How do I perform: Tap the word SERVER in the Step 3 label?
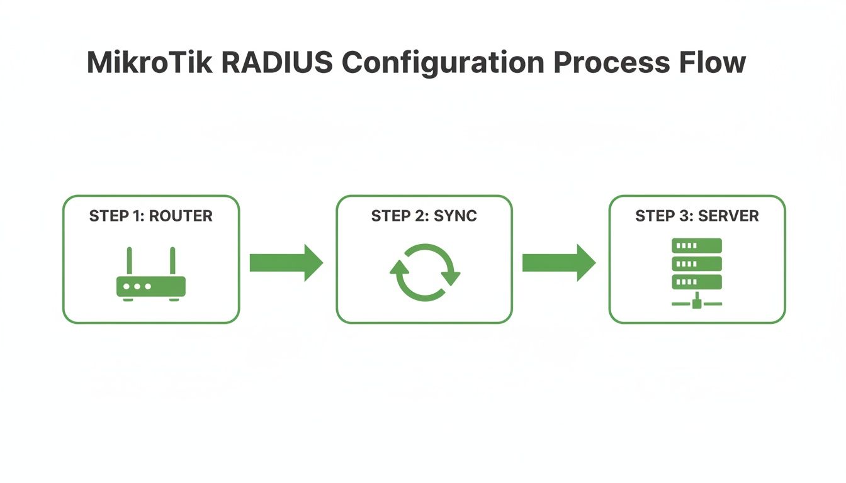(730, 216)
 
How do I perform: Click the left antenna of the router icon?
(130, 260)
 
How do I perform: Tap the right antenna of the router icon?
(172, 260)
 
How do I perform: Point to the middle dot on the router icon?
(137, 286)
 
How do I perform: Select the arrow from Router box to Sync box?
(286, 263)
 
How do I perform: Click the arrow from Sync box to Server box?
(559, 263)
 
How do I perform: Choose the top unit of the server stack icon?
(697, 245)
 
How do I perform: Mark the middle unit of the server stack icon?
(697, 263)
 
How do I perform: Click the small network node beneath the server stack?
(697, 304)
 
